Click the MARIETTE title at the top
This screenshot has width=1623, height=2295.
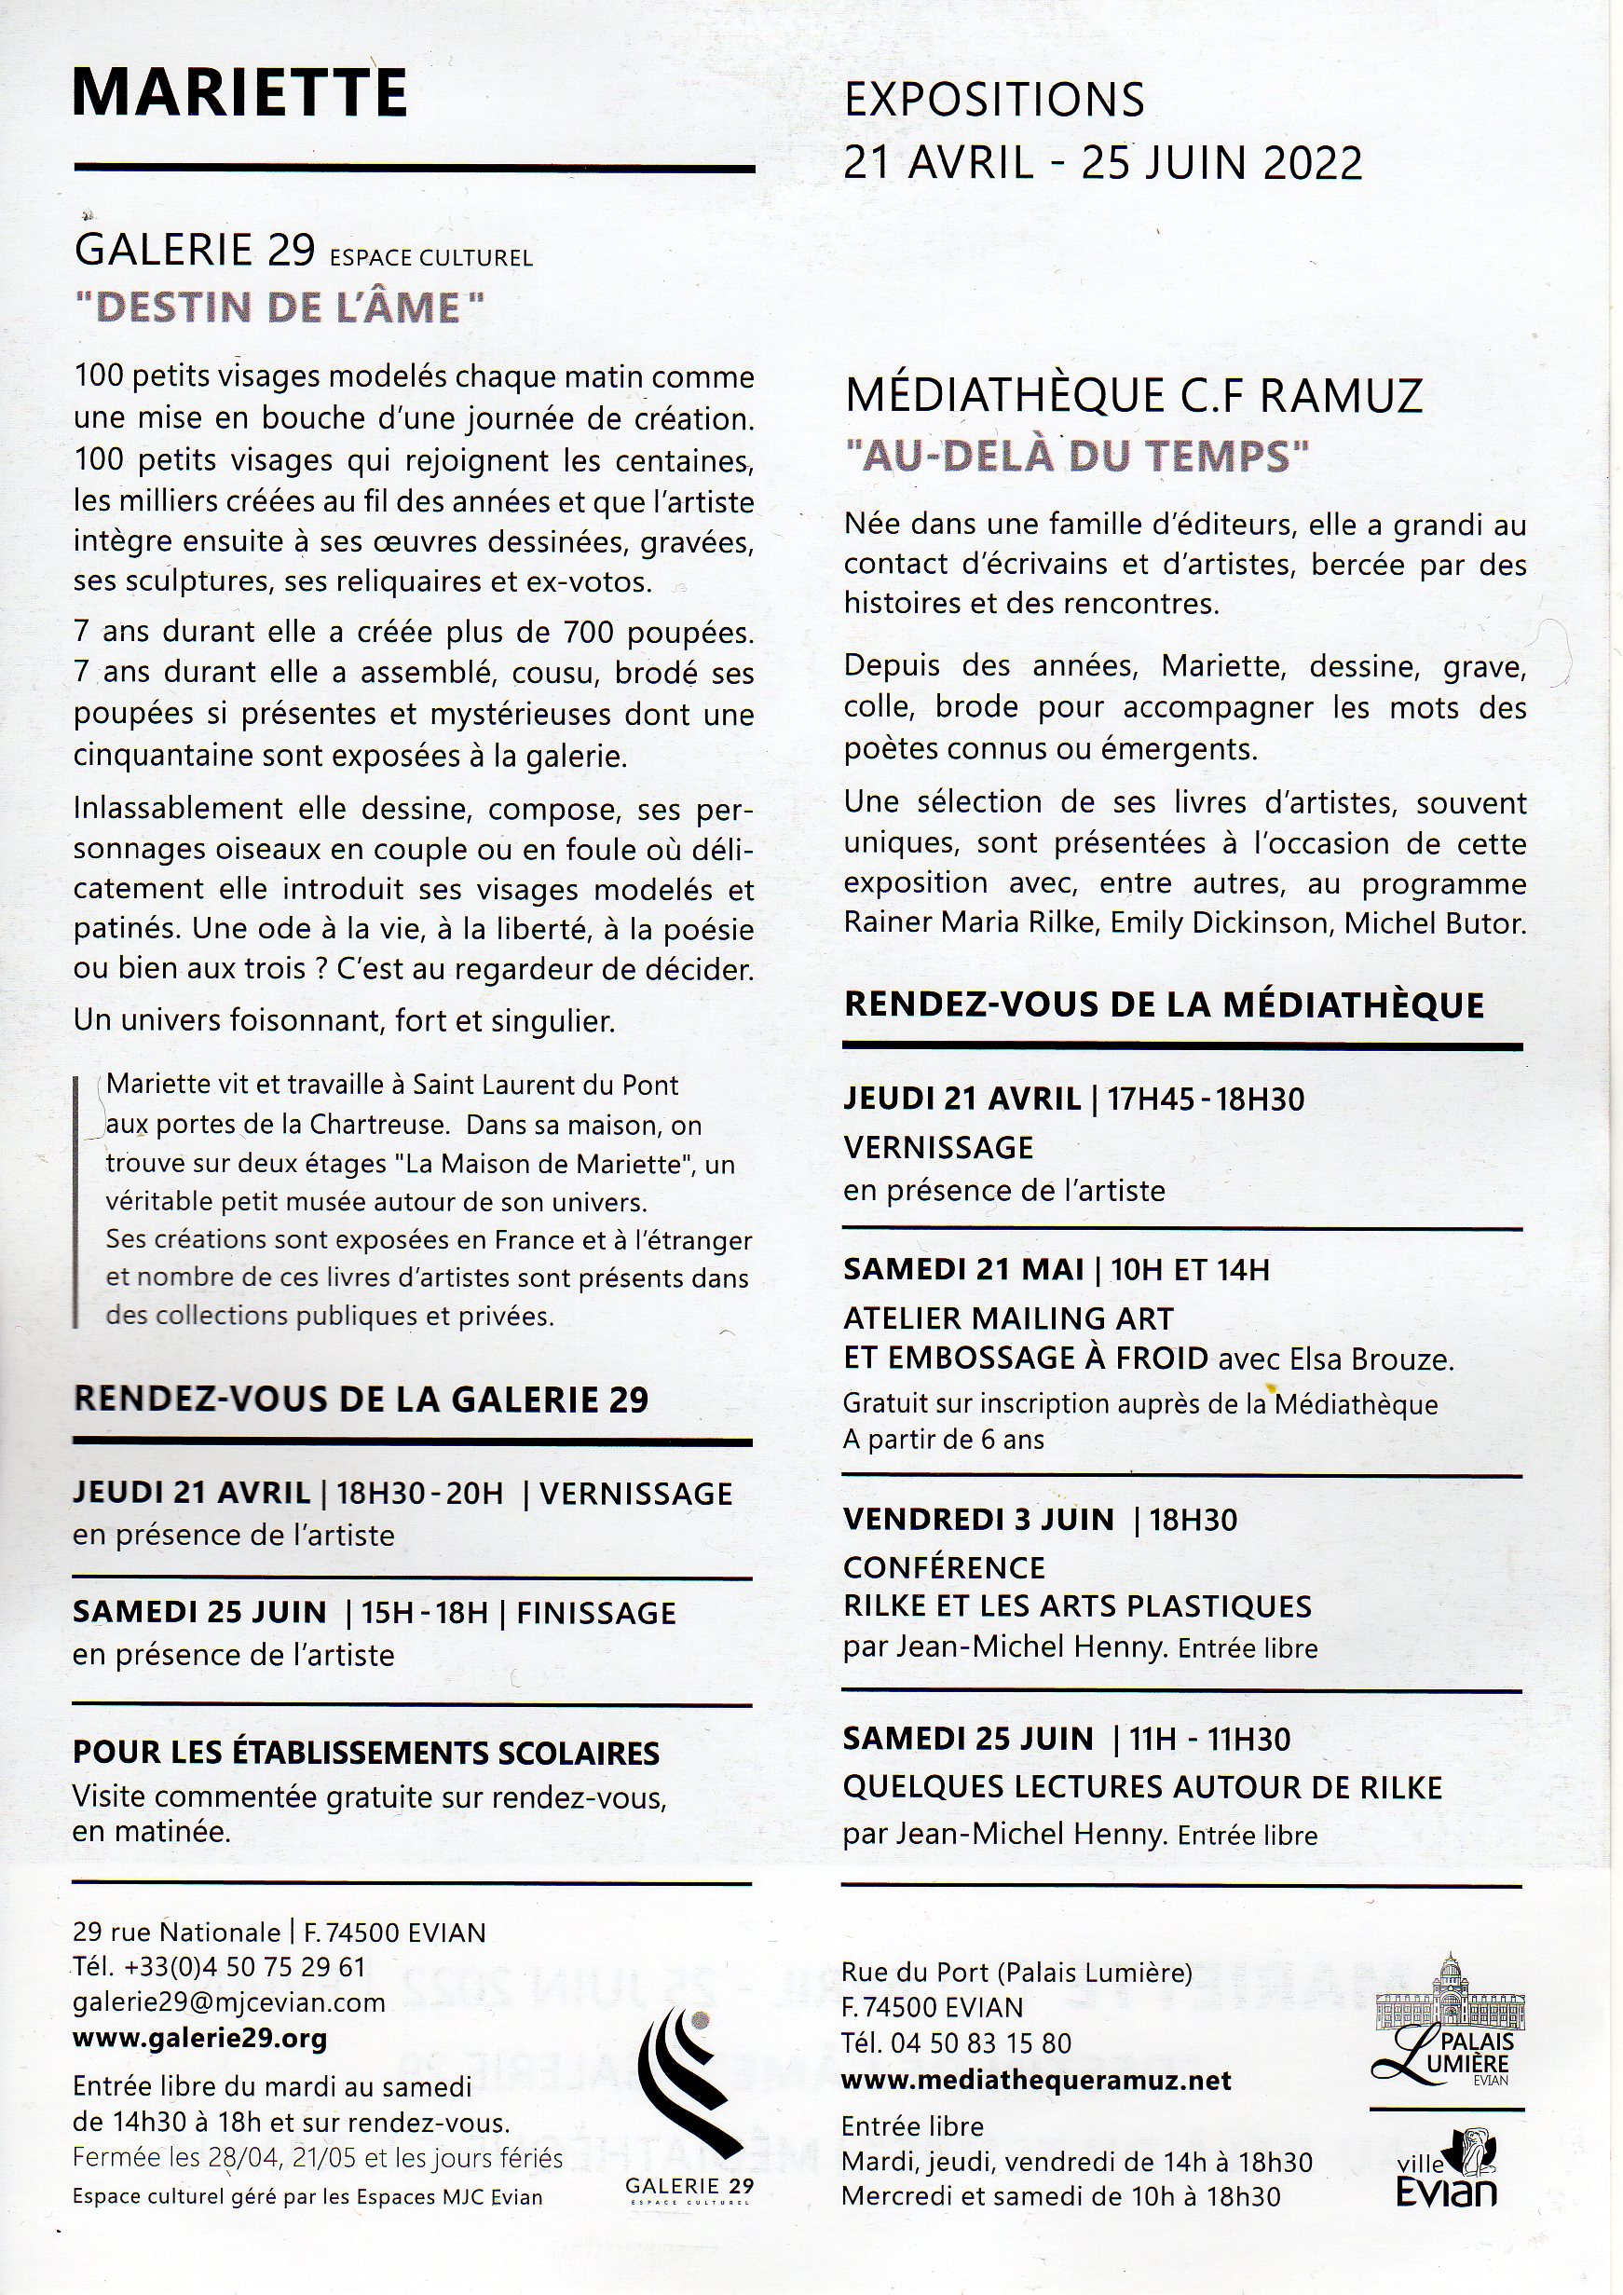(239, 95)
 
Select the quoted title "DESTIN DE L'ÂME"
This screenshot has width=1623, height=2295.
(279, 307)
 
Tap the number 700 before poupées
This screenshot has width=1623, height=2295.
(593, 633)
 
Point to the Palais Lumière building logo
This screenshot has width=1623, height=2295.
(1445, 2016)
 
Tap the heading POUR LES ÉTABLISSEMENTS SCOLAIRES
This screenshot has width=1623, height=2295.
(366, 1754)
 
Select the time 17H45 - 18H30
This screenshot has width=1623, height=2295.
(1206, 1100)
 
